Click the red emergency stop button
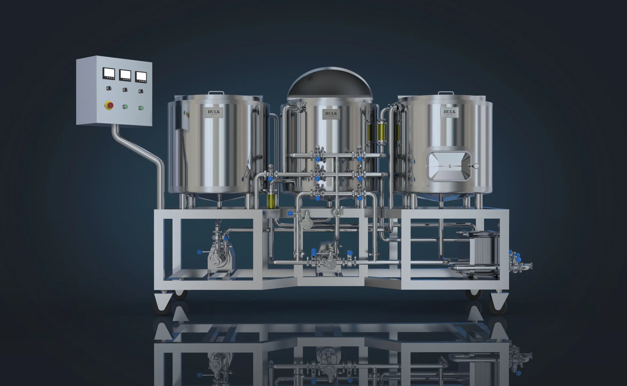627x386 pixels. click(109, 105)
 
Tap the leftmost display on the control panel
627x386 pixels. click(109, 74)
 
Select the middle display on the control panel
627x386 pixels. click(125, 75)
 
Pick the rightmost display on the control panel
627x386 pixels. click(141, 76)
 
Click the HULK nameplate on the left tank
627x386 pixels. click(214, 112)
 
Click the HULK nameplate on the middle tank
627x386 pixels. click(331, 114)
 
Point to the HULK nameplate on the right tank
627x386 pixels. click(449, 112)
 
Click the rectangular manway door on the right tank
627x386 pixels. click(449, 166)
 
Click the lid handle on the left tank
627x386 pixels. click(216, 93)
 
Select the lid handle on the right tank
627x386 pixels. click(446, 93)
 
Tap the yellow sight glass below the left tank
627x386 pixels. click(271, 200)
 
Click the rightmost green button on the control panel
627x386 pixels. click(141, 108)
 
